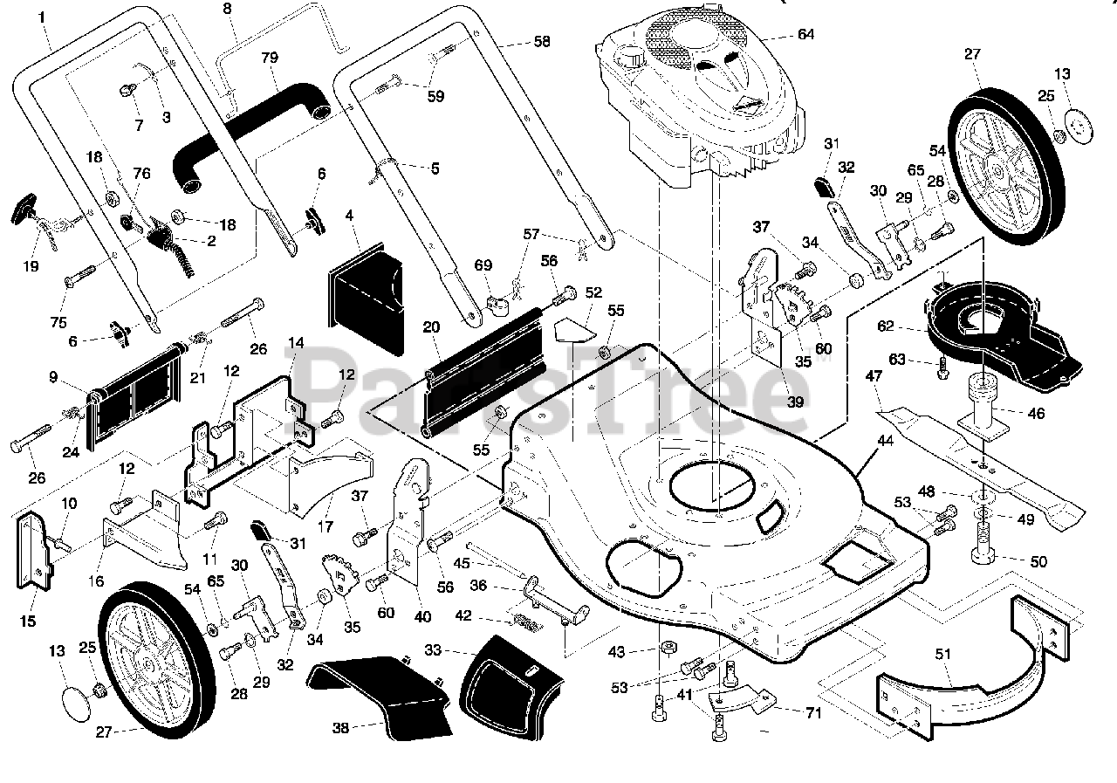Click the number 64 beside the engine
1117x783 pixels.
[805, 34]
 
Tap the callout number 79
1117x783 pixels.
[270, 58]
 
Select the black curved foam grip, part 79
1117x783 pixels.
[252, 136]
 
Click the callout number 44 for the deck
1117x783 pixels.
[885, 440]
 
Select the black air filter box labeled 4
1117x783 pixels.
[366, 299]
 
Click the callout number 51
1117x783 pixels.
[943, 654]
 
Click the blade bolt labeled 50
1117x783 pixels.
[983, 544]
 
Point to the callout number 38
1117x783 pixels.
[340, 728]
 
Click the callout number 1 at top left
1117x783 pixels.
[41, 17]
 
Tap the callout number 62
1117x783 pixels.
[886, 326]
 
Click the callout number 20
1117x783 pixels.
[431, 327]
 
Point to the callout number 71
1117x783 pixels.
[813, 713]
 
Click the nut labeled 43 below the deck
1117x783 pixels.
[668, 649]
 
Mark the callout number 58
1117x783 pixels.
[542, 41]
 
